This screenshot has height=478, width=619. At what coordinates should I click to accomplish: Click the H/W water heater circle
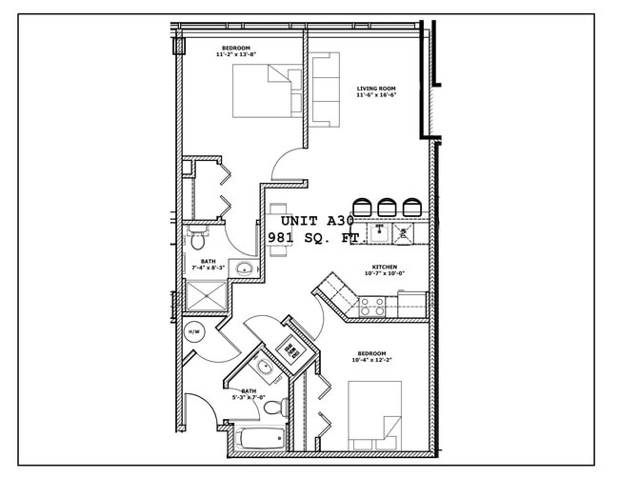194,331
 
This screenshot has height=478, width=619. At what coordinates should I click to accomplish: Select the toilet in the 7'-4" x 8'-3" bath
198,230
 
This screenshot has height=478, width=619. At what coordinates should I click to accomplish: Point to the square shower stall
203,297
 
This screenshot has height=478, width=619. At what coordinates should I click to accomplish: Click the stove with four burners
371,307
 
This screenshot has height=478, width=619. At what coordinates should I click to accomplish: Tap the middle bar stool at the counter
388,207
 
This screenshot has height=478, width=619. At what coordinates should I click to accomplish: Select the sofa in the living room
326,90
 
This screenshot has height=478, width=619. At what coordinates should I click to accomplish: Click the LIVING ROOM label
375,88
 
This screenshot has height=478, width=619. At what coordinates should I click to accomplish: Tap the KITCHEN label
384,267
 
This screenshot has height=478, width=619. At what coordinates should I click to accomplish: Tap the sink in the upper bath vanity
244,268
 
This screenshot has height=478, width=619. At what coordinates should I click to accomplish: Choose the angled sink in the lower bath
264,368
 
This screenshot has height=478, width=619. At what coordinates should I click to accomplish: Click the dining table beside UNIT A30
278,229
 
